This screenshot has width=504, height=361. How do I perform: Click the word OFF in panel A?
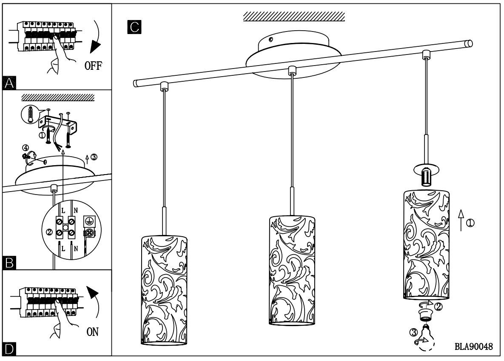[92, 66]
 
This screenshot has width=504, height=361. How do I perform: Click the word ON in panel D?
[93, 332]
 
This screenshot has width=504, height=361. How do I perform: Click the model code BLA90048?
[473, 347]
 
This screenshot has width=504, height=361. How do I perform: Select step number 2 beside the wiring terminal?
[49, 232]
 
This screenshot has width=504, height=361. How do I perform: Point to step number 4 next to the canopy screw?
[26, 148]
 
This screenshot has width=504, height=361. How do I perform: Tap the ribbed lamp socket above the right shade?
[426, 177]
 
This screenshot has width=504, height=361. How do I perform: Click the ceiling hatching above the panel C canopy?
[293, 17]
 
